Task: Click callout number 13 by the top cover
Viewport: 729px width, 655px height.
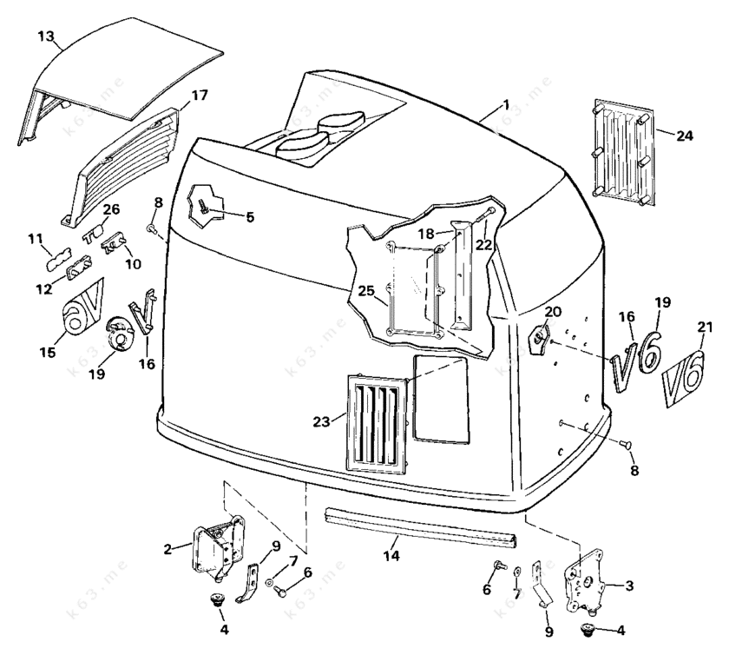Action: (x=46, y=36)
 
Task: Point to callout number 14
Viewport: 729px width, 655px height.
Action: (x=392, y=553)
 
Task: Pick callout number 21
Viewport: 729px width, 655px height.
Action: (x=705, y=327)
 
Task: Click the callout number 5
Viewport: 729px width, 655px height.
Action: (x=249, y=217)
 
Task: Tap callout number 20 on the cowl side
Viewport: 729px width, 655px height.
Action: (x=554, y=312)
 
